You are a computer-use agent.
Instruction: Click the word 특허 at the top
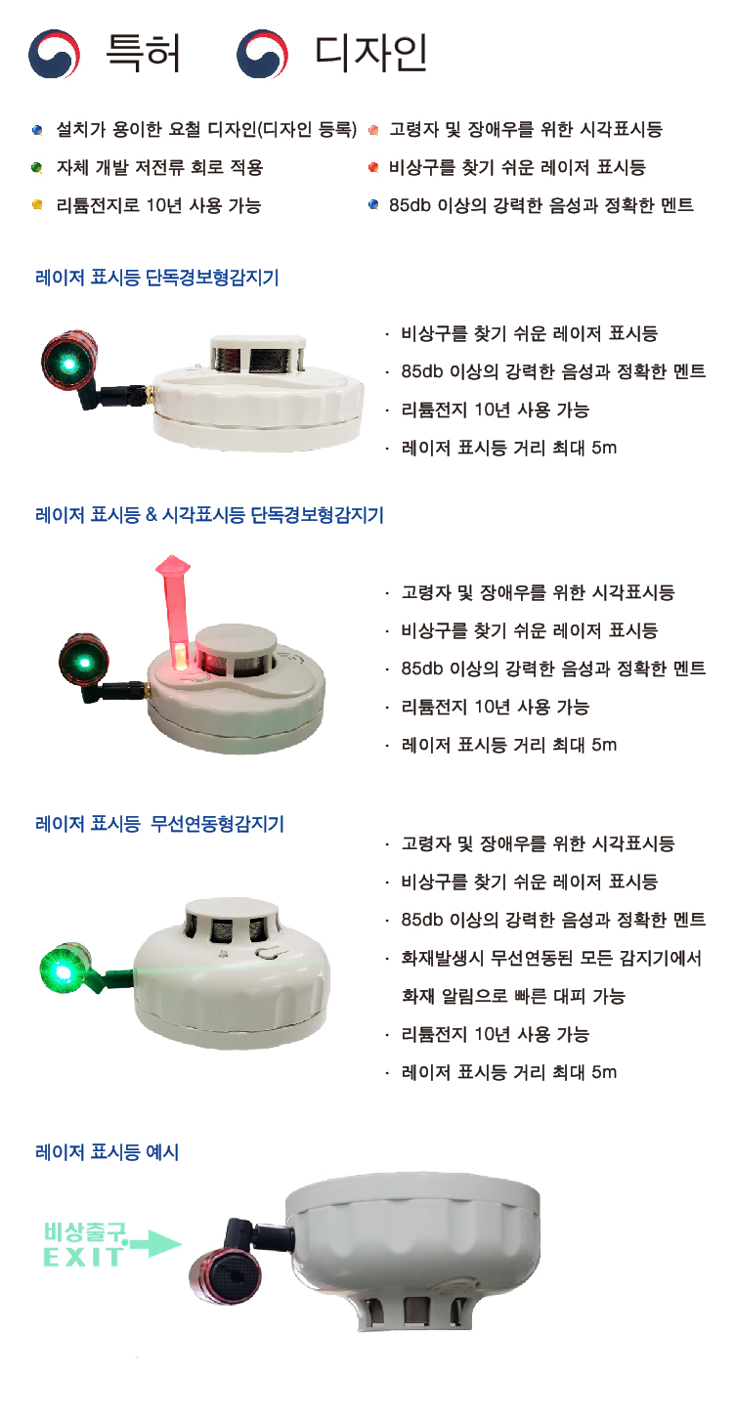[x=144, y=52]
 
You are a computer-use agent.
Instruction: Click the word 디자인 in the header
[x=371, y=52]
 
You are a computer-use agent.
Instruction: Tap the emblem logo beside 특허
[x=54, y=54]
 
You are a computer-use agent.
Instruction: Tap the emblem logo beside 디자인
[x=262, y=54]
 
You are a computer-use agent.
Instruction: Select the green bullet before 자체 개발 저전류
[x=37, y=168]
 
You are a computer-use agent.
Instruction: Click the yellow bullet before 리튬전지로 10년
[x=37, y=205]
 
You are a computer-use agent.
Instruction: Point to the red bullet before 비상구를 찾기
[x=373, y=168]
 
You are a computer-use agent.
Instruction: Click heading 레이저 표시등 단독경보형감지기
[x=157, y=278]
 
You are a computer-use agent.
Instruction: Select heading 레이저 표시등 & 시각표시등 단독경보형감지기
[x=209, y=514]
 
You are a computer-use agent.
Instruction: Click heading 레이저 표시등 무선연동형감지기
[x=159, y=824]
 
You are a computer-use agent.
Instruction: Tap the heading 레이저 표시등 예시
[x=107, y=1151]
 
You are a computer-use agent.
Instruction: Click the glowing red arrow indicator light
[x=175, y=610]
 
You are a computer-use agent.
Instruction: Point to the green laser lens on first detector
[x=68, y=364]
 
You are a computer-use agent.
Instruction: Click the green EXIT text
[x=83, y=1257]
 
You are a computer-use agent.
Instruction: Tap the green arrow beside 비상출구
[x=155, y=1243]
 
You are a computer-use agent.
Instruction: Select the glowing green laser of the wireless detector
[x=61, y=970]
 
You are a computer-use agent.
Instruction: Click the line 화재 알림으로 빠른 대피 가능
[x=513, y=996]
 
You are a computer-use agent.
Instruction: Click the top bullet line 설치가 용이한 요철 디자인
[x=206, y=130]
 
